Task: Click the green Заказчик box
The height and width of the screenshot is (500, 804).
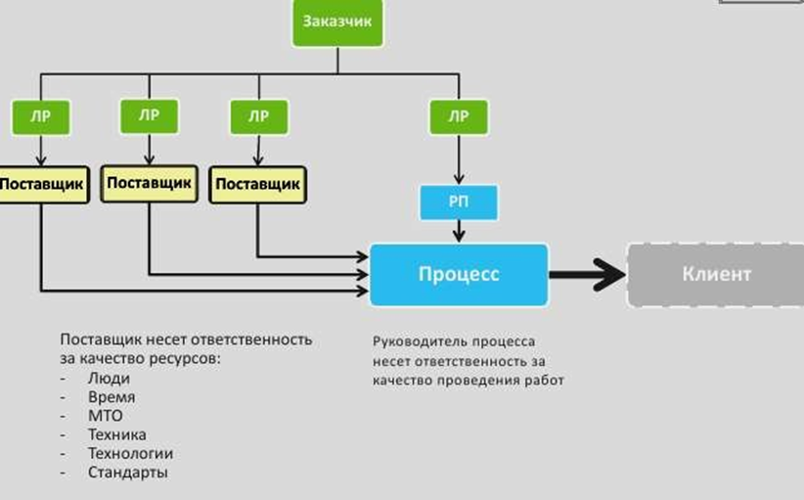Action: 337,23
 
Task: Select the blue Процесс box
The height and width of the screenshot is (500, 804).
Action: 459,274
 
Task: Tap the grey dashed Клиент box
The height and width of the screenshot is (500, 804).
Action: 716,274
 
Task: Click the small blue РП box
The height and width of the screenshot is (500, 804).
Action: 458,203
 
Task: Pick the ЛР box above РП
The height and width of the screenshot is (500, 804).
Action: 458,117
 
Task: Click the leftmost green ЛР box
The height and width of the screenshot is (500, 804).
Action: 40,118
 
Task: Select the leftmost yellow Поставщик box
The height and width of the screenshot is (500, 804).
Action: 42,184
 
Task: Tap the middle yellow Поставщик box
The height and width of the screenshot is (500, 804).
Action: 150,183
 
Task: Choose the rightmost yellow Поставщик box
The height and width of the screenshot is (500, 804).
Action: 256,184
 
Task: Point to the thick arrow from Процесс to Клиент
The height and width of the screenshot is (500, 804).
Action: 587,275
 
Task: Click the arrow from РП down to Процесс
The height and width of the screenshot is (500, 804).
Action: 458,232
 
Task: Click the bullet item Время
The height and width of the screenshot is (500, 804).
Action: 112,397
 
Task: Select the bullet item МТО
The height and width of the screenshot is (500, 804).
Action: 106,416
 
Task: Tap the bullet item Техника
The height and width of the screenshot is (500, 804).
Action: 116,434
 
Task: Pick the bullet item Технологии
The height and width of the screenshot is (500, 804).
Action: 130,453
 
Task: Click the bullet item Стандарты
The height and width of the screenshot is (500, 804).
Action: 128,472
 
